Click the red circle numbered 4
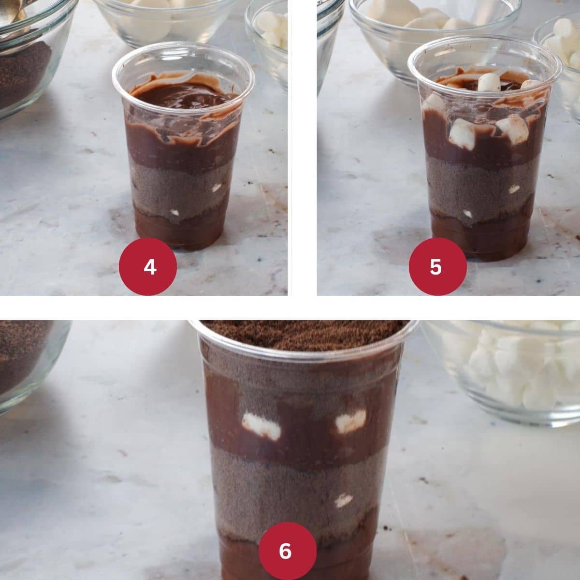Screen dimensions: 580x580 tap(148, 267)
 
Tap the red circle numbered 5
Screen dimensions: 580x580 tap(437, 267)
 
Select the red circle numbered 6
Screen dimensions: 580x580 tap(288, 551)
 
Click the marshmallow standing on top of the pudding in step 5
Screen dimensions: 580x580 tap(489, 82)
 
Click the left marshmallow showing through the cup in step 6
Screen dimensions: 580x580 tap(261, 426)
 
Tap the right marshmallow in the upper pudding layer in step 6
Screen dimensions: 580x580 tap(350, 421)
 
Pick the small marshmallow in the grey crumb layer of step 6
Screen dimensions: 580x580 tap(344, 500)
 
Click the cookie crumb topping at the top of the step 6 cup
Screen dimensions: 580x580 tap(304, 334)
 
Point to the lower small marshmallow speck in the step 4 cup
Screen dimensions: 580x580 tap(174, 213)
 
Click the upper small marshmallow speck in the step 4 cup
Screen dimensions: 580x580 tap(216, 188)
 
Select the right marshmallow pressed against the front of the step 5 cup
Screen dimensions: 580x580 tap(513, 129)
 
